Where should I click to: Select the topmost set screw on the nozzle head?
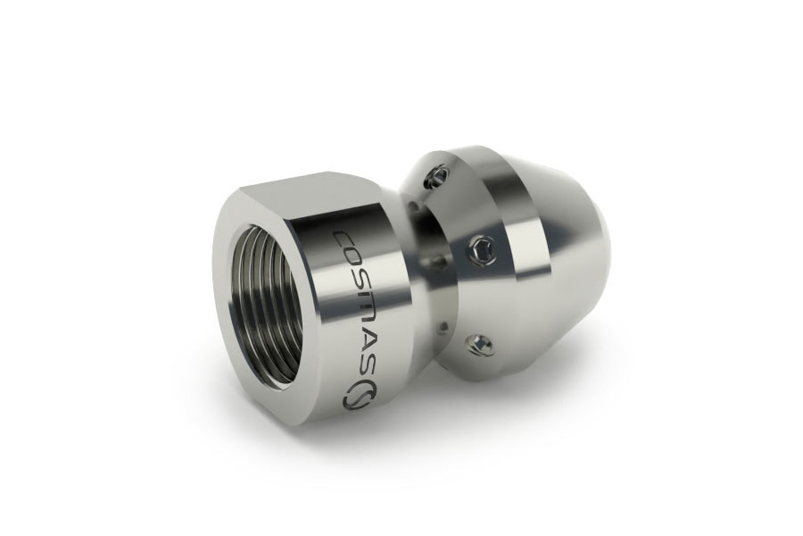(x=437, y=176)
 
